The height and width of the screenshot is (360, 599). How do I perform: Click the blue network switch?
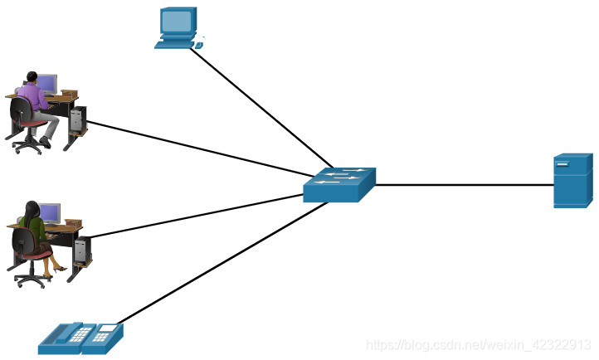[x=338, y=186]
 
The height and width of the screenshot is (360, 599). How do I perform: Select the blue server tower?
[x=572, y=181]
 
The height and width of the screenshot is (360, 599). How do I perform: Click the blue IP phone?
[x=80, y=338]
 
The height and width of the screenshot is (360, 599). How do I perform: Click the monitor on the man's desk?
[x=47, y=84]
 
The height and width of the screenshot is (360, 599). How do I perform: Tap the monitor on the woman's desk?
[x=50, y=213]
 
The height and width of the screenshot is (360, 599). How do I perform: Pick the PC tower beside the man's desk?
[x=77, y=119]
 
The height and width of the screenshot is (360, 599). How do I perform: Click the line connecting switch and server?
[x=465, y=184]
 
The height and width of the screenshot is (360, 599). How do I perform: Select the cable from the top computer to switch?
[x=261, y=103]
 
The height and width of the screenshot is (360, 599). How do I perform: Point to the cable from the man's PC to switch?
[x=199, y=149]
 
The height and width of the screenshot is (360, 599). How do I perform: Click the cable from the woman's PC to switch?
[x=199, y=216]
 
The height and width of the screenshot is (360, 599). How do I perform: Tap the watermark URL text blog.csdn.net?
[x=479, y=344]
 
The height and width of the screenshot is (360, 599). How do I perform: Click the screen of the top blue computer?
[x=177, y=21]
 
